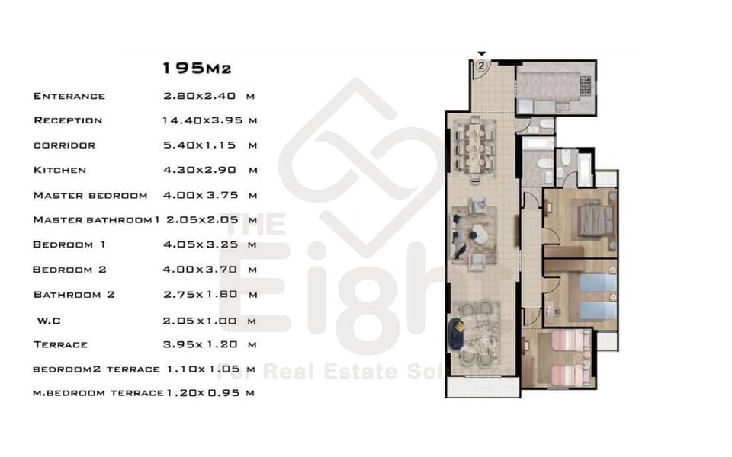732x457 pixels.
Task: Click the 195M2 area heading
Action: pos(197,68)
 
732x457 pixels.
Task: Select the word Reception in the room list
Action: pos(68,120)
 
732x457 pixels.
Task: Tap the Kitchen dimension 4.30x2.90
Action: pos(200,170)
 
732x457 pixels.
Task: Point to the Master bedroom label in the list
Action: pos(90,196)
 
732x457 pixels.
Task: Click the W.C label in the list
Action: pos(49,321)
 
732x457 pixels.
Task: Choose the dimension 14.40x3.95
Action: pos(203,120)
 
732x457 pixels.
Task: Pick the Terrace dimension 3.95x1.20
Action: pos(201,344)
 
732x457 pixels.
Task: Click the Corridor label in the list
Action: pos(64,145)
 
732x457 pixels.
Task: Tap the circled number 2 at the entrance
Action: pos(481,66)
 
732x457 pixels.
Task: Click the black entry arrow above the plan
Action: pos(482,54)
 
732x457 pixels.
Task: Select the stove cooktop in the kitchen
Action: pos(586,86)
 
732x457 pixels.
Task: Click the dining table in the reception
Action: pos(475,145)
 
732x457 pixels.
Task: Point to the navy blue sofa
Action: pos(454,334)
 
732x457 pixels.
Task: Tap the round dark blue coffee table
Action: pos(473,236)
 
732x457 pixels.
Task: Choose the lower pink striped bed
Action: pos(569,375)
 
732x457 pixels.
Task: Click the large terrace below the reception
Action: pos(483,387)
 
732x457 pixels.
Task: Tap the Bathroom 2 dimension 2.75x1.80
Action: pos(201,295)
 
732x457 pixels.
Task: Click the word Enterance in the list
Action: pos(69,96)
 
